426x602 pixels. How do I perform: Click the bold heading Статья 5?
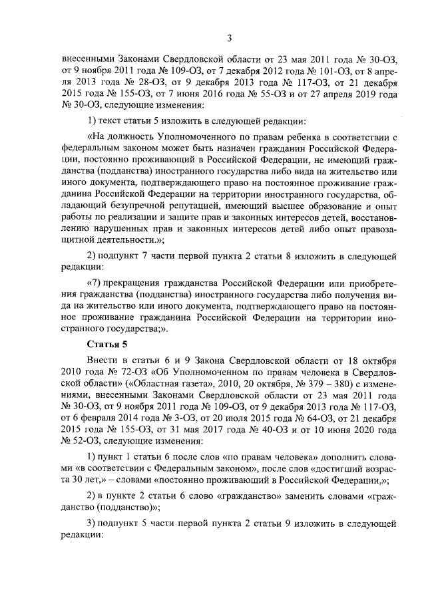click(x=107, y=343)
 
